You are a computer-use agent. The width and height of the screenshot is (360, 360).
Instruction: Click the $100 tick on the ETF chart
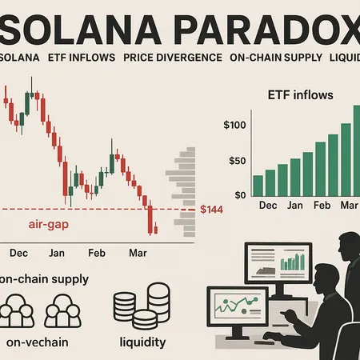tap(235, 126)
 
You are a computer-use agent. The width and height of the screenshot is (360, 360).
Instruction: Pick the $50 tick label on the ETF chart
tap(238, 161)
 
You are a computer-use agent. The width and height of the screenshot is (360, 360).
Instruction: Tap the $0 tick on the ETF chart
tap(241, 194)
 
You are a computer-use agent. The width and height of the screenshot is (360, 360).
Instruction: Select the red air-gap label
tap(49, 225)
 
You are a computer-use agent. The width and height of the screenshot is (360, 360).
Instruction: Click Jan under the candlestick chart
tap(58, 253)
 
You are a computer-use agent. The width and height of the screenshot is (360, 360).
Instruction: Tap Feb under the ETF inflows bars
tap(322, 206)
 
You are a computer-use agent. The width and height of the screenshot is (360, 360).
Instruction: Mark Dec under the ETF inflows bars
tap(269, 206)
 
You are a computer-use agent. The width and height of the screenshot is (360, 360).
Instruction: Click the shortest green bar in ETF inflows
tap(258, 186)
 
